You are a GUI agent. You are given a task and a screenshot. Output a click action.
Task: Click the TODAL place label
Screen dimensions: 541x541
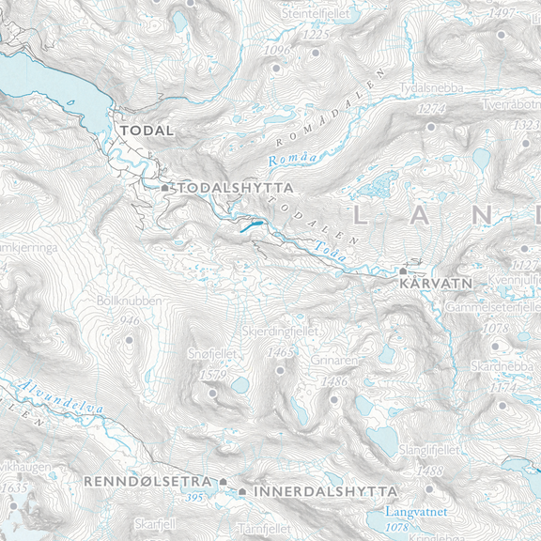pyautogui.click(x=145, y=131)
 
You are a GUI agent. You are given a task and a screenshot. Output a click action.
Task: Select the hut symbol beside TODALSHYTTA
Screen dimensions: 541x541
pyautogui.click(x=165, y=188)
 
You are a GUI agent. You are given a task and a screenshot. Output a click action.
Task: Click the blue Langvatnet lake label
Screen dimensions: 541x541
pyautogui.click(x=418, y=512)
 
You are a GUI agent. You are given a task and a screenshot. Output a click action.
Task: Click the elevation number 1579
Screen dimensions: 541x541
pyautogui.click(x=214, y=375)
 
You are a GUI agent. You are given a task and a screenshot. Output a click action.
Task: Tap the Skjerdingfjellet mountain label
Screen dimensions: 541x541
pyautogui.click(x=280, y=332)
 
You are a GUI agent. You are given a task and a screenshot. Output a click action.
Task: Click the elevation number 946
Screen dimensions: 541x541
pyautogui.click(x=130, y=320)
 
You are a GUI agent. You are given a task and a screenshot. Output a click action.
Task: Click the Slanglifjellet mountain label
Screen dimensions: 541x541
pyautogui.click(x=428, y=451)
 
